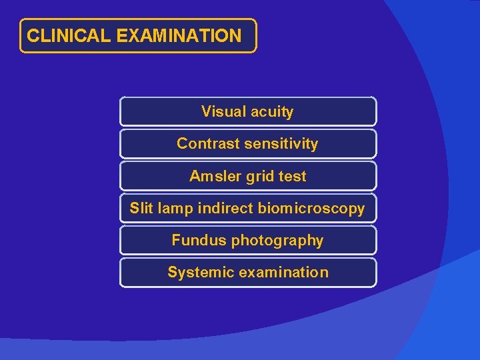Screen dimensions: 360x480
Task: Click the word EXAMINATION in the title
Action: [x=179, y=36]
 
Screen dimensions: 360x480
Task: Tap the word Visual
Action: [x=223, y=112]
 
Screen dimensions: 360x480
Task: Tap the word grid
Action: [x=261, y=177]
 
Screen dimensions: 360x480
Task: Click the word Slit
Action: [x=141, y=209]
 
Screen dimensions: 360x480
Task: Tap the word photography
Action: [x=277, y=241]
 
